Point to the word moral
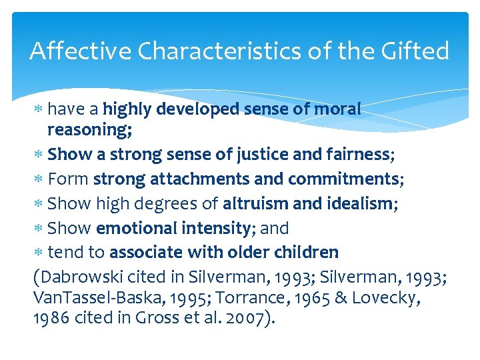coord(337,109)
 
